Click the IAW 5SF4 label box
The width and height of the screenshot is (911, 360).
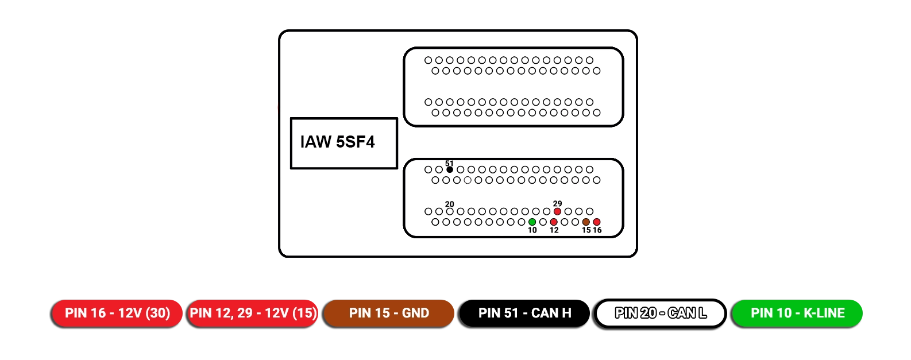(x=343, y=143)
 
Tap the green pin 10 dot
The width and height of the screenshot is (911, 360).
(x=532, y=222)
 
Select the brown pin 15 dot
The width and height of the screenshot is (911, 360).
(x=586, y=222)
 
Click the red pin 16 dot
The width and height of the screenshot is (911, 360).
(x=597, y=222)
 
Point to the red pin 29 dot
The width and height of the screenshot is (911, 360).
(x=557, y=211)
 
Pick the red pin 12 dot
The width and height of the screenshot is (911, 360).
(x=554, y=222)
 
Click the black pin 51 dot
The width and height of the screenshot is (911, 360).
(x=450, y=169)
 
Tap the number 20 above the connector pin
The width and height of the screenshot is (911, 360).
(x=450, y=204)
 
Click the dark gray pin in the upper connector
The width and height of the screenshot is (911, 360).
(x=597, y=113)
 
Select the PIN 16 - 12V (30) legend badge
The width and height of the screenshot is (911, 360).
(x=117, y=313)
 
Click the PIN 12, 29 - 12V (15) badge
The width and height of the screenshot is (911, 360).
(x=253, y=313)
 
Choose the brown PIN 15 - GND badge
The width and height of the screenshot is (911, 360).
(x=389, y=313)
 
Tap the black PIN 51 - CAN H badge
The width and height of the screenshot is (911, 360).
(x=524, y=313)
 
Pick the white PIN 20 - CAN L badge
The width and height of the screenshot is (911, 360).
(x=661, y=313)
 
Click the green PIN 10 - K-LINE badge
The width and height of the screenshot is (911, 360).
(x=797, y=313)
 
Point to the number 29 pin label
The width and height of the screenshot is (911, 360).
(x=557, y=204)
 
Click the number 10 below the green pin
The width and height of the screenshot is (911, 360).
(x=532, y=230)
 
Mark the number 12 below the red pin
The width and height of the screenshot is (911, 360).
(x=554, y=230)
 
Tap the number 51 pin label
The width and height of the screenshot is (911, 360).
(x=449, y=164)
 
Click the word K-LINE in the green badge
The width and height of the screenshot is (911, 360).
(x=824, y=313)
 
